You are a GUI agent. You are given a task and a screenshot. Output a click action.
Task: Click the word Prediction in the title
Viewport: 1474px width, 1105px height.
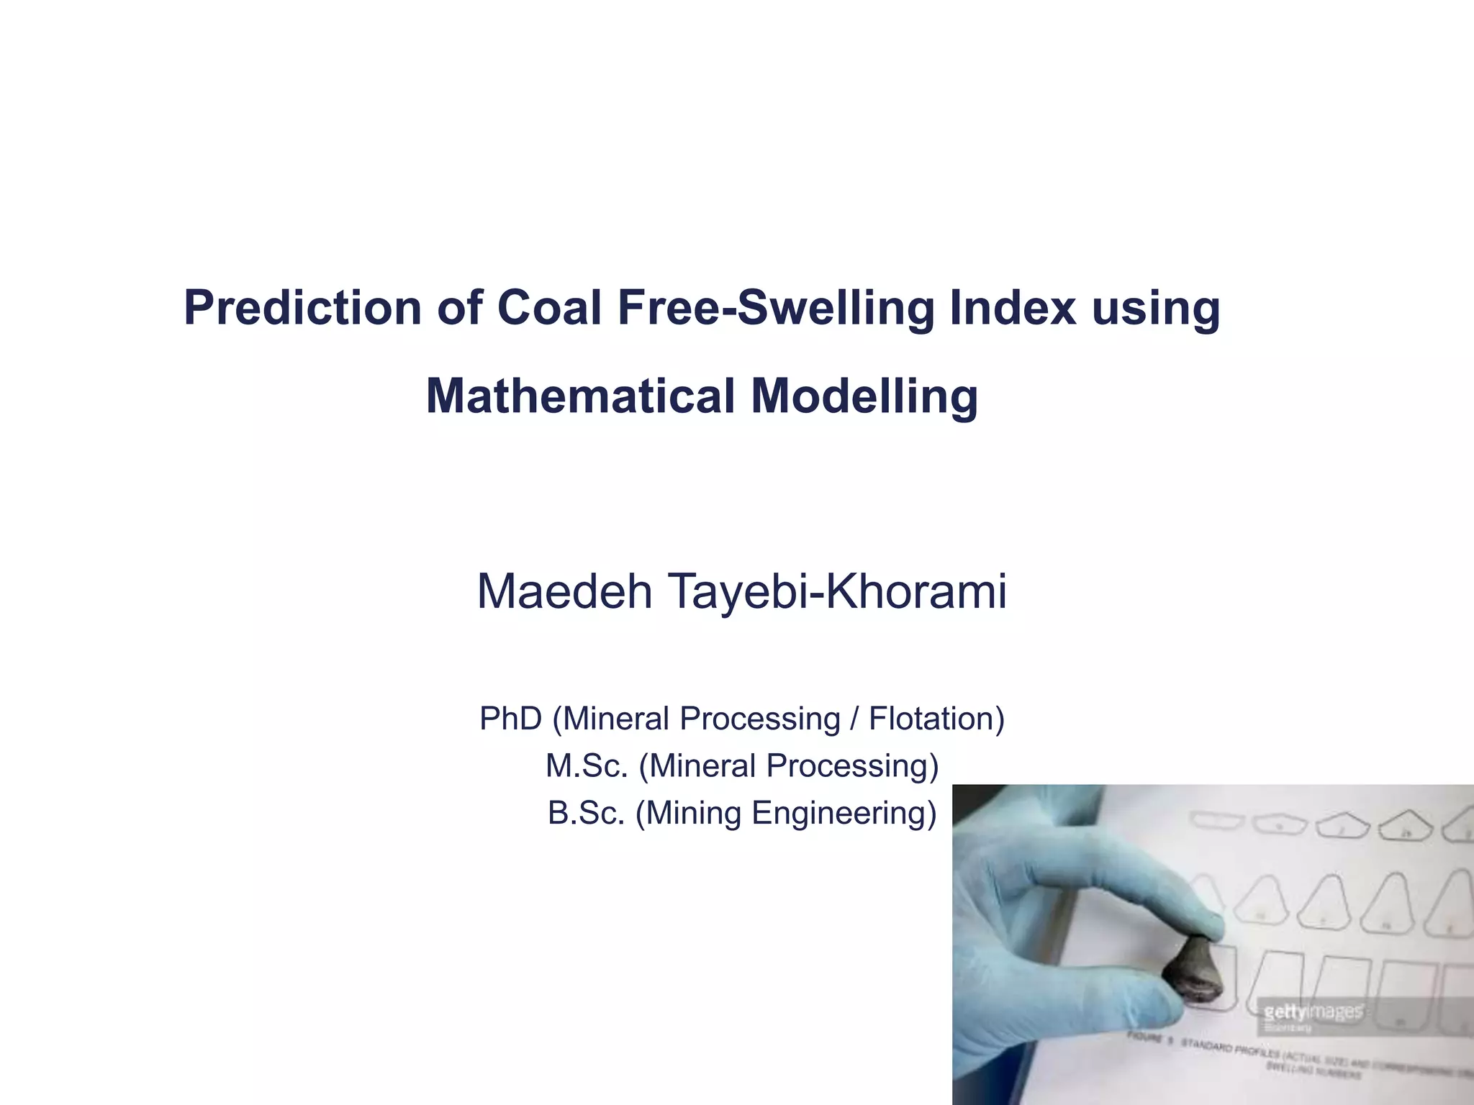302,308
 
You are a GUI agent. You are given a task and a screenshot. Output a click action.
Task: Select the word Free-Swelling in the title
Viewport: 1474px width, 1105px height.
775,308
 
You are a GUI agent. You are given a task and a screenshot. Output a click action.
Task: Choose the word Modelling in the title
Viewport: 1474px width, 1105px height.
864,396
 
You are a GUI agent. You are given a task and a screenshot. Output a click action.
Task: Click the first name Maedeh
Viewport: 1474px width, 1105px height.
564,592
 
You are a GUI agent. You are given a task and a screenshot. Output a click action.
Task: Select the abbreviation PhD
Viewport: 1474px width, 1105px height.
510,719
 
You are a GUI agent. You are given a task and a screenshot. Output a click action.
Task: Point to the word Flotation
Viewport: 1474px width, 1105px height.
936,719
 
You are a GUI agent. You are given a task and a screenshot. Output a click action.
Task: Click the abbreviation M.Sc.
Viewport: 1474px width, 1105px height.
587,765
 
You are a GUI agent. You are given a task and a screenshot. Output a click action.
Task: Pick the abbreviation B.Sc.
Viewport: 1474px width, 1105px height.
586,813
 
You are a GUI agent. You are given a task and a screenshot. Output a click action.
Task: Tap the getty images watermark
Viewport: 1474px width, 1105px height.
1313,1011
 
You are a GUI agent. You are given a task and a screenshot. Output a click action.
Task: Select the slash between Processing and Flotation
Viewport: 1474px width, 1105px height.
854,719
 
